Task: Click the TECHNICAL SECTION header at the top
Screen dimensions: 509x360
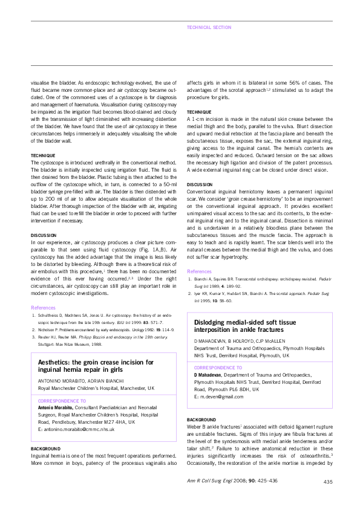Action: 209,27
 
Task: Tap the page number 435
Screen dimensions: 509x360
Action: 328,482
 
